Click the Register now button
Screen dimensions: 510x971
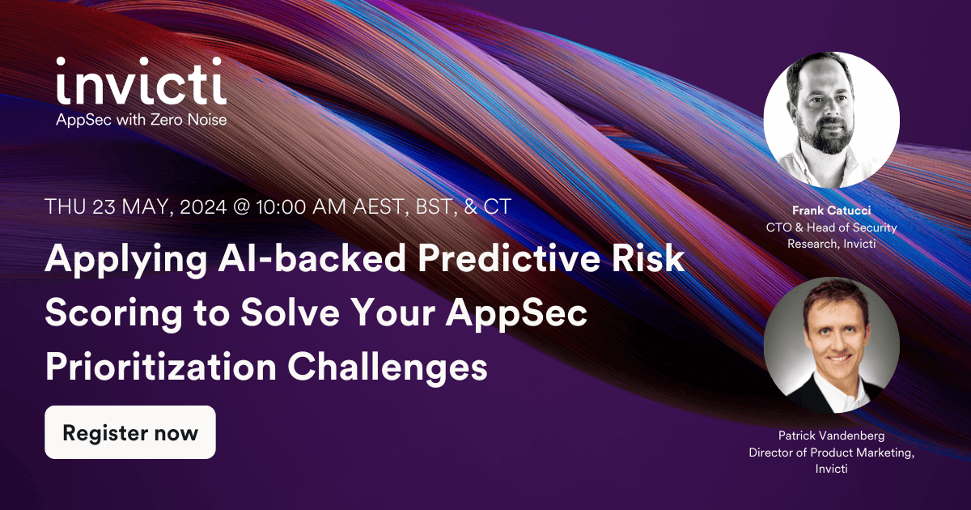click(x=130, y=432)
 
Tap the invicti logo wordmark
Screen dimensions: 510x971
click(x=141, y=82)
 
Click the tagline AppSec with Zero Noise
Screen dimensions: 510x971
click(x=141, y=120)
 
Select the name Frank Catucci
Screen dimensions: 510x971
click(x=831, y=211)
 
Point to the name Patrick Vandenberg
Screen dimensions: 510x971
click(x=831, y=436)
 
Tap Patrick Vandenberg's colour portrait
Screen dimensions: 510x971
click(x=831, y=345)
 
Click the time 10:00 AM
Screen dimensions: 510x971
click(x=303, y=206)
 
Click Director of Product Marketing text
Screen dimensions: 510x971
click(x=831, y=453)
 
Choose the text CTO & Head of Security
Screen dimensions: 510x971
click(x=831, y=227)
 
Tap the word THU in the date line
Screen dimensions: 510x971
click(x=64, y=206)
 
